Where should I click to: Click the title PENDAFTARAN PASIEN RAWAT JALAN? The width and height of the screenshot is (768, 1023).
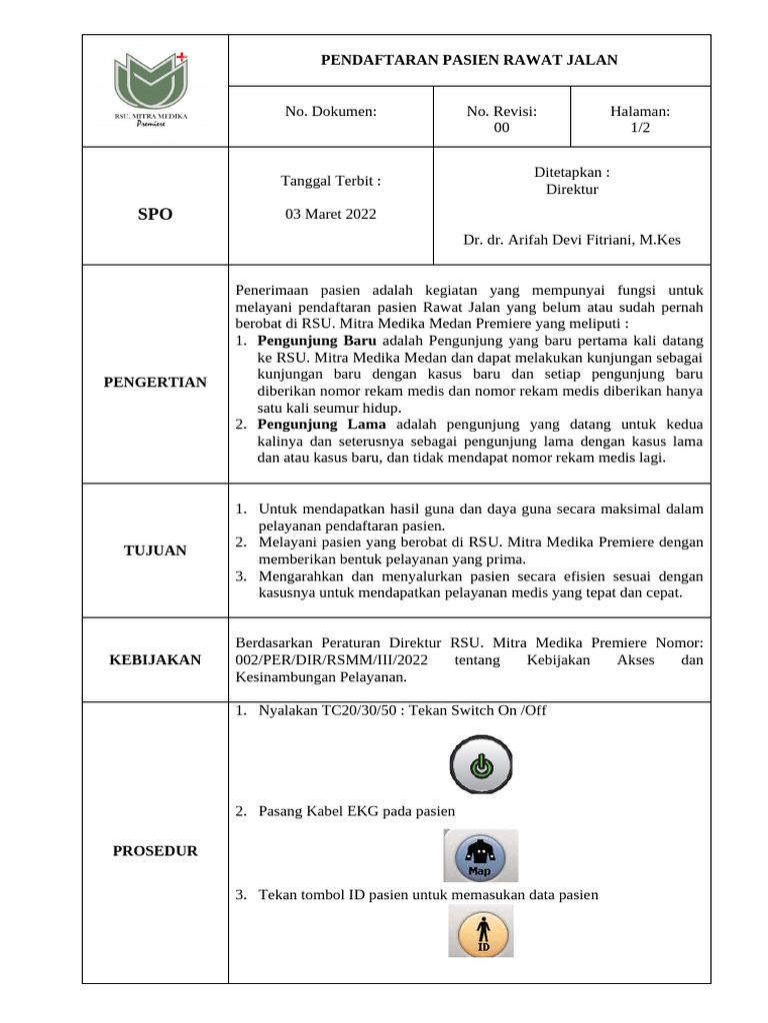(x=469, y=60)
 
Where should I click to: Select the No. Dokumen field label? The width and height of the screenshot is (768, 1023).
(x=331, y=112)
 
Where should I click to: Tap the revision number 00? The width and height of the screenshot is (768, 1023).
(x=502, y=128)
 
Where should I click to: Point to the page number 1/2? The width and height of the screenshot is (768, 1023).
(x=640, y=128)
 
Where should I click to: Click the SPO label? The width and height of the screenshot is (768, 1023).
(x=155, y=215)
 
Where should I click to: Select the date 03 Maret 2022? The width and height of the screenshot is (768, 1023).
(x=331, y=214)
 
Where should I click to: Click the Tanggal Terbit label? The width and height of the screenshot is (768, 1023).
(x=331, y=181)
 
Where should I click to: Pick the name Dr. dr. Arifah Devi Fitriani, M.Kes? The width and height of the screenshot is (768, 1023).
(x=572, y=240)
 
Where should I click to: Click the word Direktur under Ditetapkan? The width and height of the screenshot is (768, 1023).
(x=572, y=189)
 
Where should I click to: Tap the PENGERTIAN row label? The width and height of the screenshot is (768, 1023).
(x=155, y=382)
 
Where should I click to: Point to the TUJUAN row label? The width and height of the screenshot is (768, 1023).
(x=155, y=550)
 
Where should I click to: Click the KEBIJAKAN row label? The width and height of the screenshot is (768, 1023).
(x=155, y=660)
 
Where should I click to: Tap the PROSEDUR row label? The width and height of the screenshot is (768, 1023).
(x=155, y=851)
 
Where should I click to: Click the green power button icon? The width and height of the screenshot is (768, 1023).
(x=481, y=766)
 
